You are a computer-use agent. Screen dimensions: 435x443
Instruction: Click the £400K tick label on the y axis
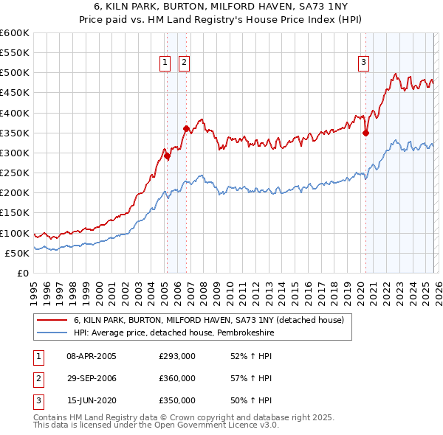[15, 113]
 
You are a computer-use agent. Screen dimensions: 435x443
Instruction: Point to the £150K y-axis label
[15, 213]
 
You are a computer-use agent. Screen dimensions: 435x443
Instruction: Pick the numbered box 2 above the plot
[183, 63]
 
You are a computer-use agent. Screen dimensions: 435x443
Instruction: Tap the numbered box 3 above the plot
[364, 63]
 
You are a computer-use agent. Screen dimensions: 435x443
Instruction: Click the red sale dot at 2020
[365, 133]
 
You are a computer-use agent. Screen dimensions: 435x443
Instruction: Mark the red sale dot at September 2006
[186, 129]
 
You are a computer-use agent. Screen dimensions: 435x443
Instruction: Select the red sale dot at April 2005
[167, 156]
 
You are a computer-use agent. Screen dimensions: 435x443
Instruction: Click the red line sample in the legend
[52, 321]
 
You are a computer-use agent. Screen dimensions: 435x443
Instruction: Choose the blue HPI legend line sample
[52, 333]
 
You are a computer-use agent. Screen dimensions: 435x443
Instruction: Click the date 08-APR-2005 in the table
[92, 357]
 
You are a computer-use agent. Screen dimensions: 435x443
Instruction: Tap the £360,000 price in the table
[177, 378]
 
